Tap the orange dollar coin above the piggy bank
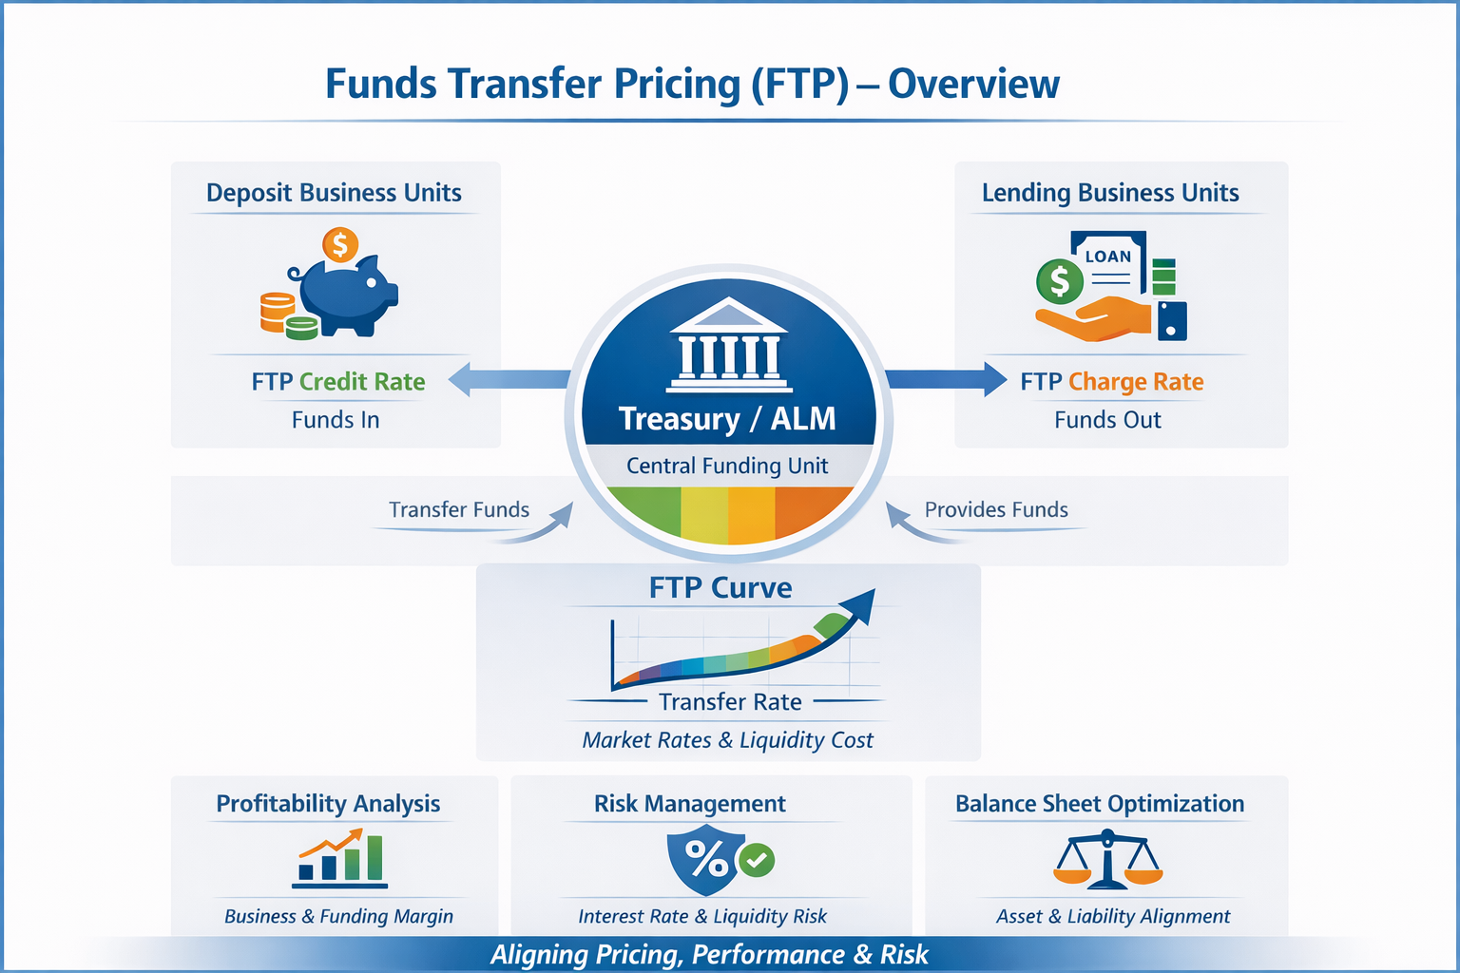point(339,245)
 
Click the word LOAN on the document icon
point(1108,257)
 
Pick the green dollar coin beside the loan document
point(1059,282)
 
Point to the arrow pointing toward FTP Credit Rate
point(509,379)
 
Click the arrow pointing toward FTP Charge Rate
point(947,380)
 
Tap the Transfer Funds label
point(459,509)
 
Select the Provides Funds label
point(996,509)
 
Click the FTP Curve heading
point(720,588)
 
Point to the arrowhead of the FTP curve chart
point(861,602)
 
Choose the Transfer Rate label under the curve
point(730,702)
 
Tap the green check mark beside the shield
point(757,860)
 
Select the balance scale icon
point(1107,860)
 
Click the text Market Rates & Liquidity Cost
point(727,740)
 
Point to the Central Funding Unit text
point(727,466)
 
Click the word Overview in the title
point(973,84)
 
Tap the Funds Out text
point(1107,420)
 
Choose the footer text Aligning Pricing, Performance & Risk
point(709,955)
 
